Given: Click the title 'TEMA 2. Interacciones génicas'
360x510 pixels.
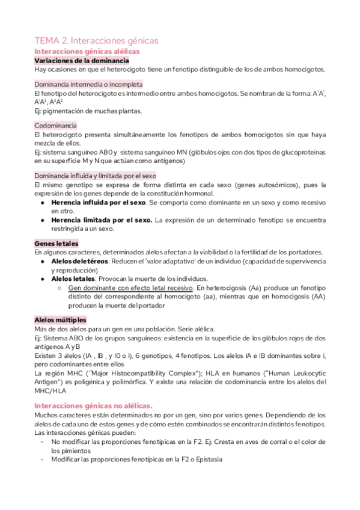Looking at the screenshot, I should tap(96, 41).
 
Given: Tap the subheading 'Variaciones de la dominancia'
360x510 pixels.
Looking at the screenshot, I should tap(82, 61).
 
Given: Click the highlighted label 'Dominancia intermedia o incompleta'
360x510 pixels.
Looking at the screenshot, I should tap(88, 84).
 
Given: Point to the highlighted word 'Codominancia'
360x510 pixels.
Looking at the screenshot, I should tap(55, 125).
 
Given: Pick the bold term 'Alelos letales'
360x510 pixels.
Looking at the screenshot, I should tap(73, 279).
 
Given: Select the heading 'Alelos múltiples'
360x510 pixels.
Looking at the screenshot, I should tap(60, 320).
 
